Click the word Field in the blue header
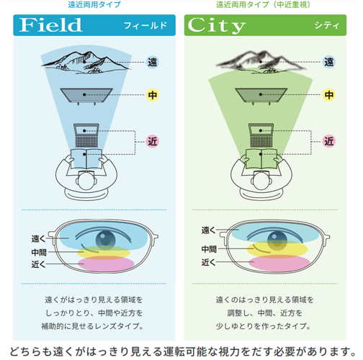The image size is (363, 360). (x=50, y=25)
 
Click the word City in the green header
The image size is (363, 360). (x=217, y=25)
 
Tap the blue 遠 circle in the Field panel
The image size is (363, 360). (x=153, y=62)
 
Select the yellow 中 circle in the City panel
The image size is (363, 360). (x=329, y=95)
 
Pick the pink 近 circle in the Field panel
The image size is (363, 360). (x=153, y=141)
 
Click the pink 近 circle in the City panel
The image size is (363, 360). (x=329, y=141)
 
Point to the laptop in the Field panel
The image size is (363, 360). (x=86, y=135)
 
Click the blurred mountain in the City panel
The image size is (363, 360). (x=261, y=62)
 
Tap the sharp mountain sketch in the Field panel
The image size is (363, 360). (x=86, y=62)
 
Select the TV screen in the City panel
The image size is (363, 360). (x=261, y=96)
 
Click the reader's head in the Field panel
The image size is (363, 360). (x=86, y=181)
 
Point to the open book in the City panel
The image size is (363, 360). (x=261, y=158)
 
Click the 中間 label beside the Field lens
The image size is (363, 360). (x=39, y=252)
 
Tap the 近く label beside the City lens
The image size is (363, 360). (x=208, y=262)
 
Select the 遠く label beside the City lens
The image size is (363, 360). (x=208, y=230)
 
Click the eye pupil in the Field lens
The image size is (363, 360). (x=105, y=240)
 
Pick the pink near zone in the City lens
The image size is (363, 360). (x=279, y=263)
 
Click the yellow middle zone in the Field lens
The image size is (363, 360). (x=104, y=252)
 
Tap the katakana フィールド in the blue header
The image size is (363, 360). (x=145, y=25)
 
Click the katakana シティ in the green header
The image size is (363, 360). (x=327, y=25)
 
